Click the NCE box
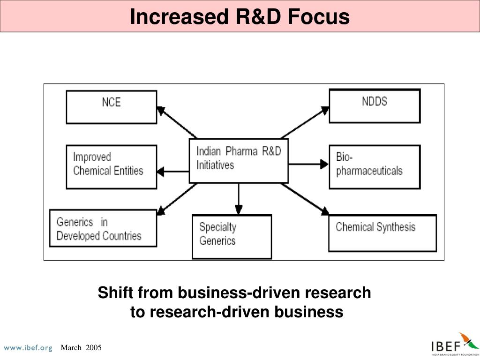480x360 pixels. click(x=111, y=107)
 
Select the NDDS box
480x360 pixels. click(x=375, y=105)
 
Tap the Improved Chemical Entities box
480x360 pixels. click(x=111, y=166)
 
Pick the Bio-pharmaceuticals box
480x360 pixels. click(x=375, y=166)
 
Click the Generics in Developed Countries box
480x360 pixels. click(x=103, y=228)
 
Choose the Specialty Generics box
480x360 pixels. click(x=232, y=236)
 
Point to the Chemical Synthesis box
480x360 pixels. click(x=382, y=232)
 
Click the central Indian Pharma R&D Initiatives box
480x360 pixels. click(x=238, y=160)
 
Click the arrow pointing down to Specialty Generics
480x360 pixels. click(x=239, y=199)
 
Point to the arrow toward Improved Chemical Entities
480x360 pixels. click(x=173, y=171)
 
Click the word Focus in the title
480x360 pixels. click(x=319, y=17)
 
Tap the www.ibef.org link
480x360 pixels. click(x=28, y=348)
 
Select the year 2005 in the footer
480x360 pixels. click(x=94, y=347)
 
